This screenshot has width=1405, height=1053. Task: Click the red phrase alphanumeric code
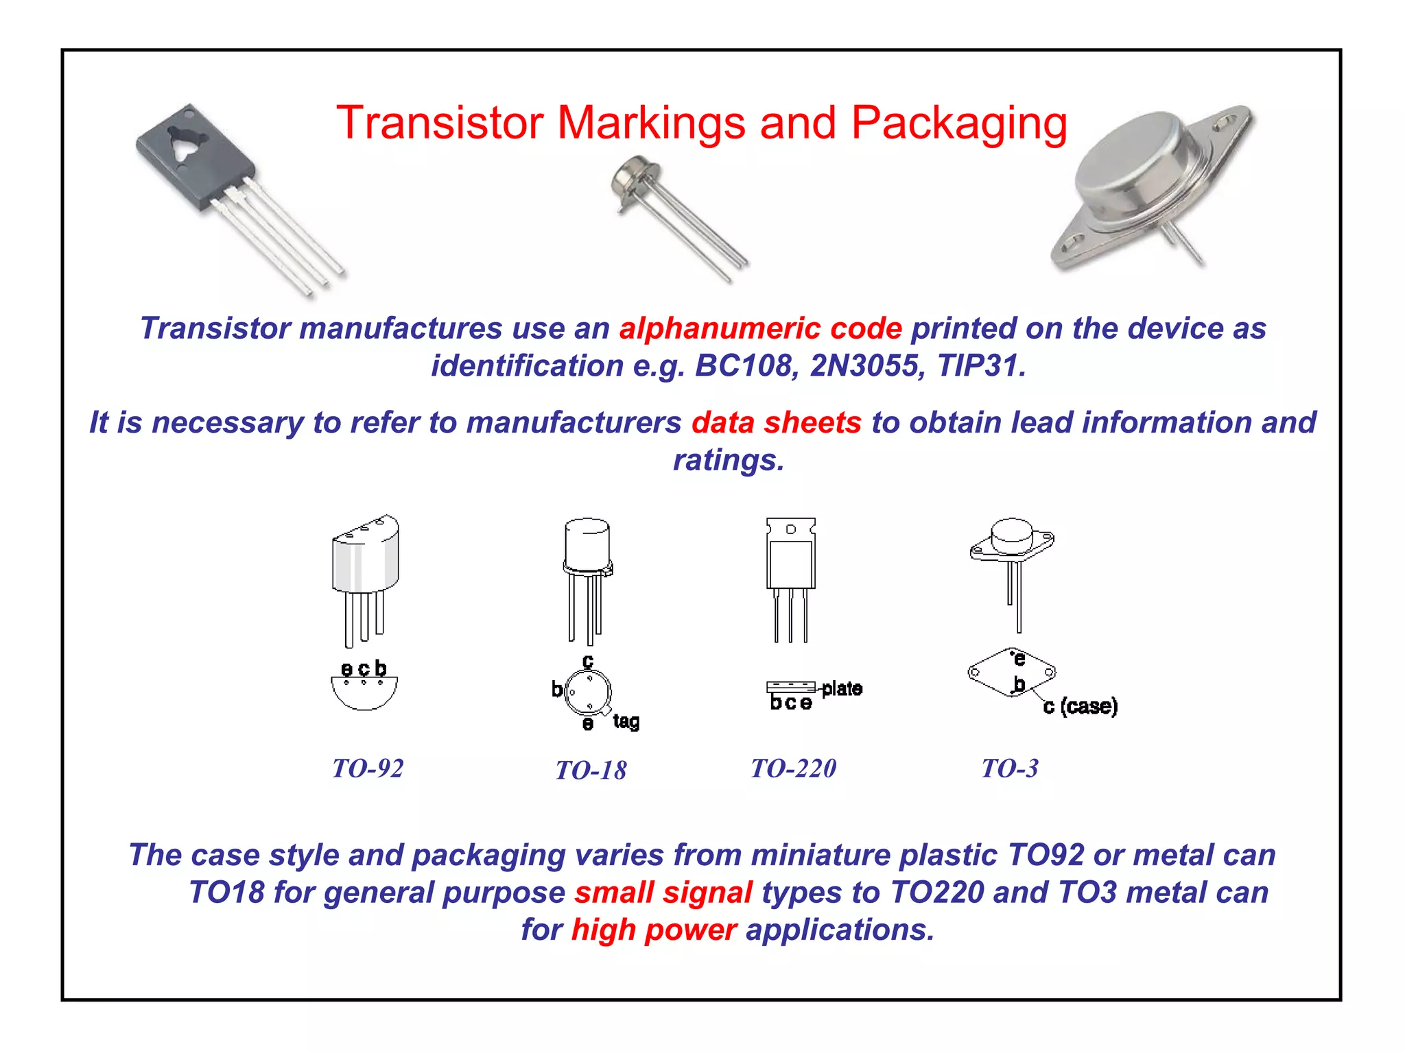[760, 328]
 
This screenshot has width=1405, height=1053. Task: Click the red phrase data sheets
[776, 422]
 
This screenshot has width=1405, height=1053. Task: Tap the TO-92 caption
[368, 768]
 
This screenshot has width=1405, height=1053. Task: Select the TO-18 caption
[591, 771]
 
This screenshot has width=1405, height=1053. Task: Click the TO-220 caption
[794, 768]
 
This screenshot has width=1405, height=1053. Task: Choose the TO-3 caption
[1010, 768]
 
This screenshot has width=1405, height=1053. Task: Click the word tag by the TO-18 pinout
[626, 721]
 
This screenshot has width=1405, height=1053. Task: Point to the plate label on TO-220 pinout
[842, 688]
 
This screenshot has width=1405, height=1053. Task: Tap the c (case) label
[1081, 706]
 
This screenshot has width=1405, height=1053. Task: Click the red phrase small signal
[663, 893]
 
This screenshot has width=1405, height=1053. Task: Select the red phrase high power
[654, 930]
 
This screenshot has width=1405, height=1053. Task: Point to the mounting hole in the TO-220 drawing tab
[790, 529]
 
